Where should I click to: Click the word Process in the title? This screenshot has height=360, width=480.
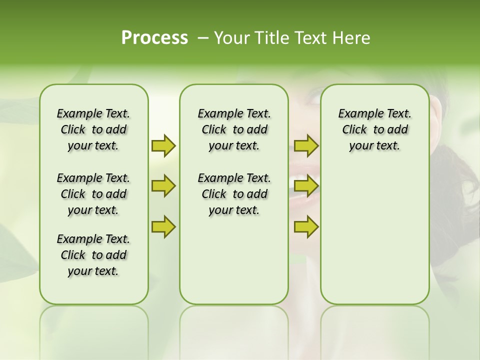pyautogui.click(x=154, y=38)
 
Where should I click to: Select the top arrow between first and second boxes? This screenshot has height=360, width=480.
pyautogui.click(x=163, y=145)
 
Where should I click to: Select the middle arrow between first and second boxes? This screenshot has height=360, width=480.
pyautogui.click(x=163, y=186)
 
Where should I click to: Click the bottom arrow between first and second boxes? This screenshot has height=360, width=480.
pyautogui.click(x=163, y=226)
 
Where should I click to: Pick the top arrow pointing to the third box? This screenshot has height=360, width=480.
pyautogui.click(x=306, y=145)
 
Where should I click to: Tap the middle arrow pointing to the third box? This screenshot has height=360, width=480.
pyautogui.click(x=306, y=186)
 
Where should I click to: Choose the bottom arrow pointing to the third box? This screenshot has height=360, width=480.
pyautogui.click(x=306, y=226)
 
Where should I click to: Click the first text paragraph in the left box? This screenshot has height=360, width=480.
pyautogui.click(x=93, y=129)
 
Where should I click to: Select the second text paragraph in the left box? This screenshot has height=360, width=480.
pyautogui.click(x=93, y=194)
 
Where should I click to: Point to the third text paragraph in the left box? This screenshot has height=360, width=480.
pyautogui.click(x=93, y=255)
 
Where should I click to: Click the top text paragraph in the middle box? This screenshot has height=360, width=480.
pyautogui.click(x=234, y=129)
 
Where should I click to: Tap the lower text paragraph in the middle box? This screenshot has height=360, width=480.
pyautogui.click(x=234, y=194)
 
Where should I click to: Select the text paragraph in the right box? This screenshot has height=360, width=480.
pyautogui.click(x=374, y=129)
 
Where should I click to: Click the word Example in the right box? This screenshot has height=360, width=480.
pyautogui.click(x=356, y=114)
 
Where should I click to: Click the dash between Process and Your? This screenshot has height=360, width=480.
pyautogui.click(x=203, y=38)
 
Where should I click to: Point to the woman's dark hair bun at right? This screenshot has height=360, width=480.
pyautogui.click(x=452, y=190)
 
